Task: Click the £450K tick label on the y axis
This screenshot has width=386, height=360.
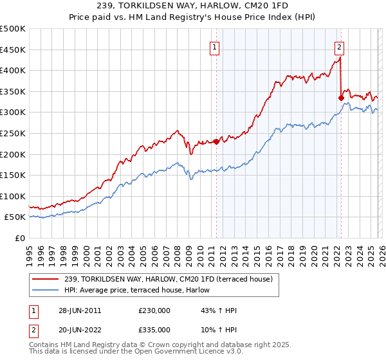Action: (13, 50)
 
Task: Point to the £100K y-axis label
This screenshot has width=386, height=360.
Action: (13, 196)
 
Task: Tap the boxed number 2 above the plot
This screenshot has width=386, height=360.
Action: (339, 46)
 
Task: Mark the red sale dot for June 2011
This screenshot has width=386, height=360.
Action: (216, 141)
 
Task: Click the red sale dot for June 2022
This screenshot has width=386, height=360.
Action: (341, 98)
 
